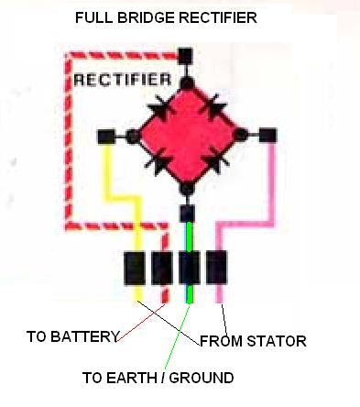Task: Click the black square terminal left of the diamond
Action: [x=106, y=137]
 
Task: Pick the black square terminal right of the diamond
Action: [x=267, y=136]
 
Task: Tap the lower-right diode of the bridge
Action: [x=213, y=162]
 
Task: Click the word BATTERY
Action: [x=87, y=336]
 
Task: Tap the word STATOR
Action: [x=276, y=341]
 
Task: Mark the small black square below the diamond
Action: [x=186, y=214]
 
